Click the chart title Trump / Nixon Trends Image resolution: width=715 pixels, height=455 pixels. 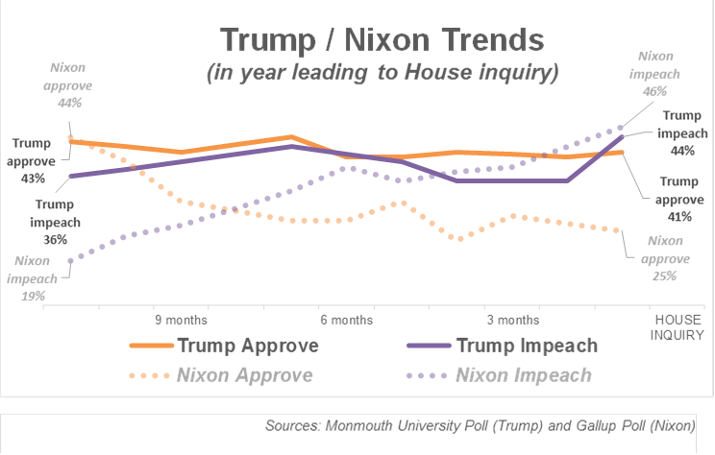[x=382, y=40]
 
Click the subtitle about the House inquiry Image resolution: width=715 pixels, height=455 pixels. [x=382, y=71]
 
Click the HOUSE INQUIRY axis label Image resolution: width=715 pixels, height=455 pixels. [x=678, y=327]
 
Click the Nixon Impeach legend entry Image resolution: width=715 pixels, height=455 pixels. [x=525, y=375]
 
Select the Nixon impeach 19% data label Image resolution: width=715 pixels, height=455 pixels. [x=33, y=278]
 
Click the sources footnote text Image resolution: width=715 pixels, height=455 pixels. [x=483, y=425]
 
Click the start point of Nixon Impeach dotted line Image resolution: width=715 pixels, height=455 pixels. [x=71, y=260]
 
